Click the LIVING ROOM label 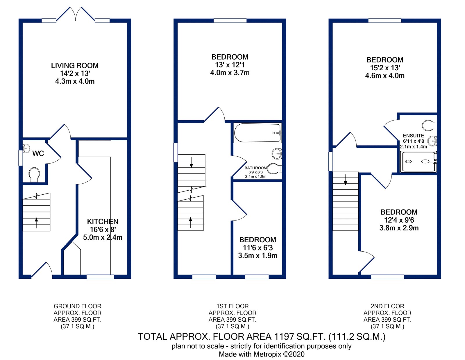[75, 66]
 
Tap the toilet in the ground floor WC [34, 174]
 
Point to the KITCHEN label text [103, 222]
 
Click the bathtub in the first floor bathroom [257, 133]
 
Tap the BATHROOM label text [255, 168]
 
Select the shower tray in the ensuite [418, 162]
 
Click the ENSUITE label [413, 136]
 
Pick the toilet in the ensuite [429, 126]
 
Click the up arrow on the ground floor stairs [36, 223]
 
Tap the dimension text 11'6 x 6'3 [258, 248]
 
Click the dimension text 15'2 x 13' [385, 68]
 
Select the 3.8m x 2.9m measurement [399, 228]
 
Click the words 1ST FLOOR [233, 306]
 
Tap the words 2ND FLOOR [387, 306]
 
